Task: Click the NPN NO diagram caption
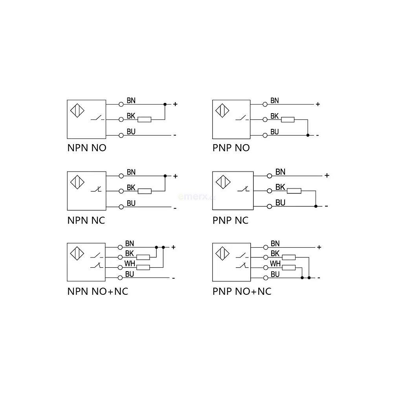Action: (87, 148)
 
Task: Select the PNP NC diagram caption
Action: (230, 220)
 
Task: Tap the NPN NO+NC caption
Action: (98, 292)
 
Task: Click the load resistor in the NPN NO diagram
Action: (144, 119)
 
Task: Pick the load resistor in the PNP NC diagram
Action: (294, 191)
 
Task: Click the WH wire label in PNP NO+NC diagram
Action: (275, 264)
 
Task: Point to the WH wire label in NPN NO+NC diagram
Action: (130, 264)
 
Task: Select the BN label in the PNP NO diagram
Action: (275, 101)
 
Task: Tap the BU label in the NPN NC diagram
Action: (131, 203)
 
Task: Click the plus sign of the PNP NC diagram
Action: (327, 175)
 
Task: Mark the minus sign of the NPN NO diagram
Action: (175, 135)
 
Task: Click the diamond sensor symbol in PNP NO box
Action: (222, 110)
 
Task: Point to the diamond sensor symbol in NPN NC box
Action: (77, 182)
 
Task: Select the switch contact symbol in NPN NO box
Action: (97, 118)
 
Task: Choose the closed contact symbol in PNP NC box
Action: (243, 189)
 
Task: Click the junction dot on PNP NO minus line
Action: (308, 135)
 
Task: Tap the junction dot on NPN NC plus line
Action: (165, 176)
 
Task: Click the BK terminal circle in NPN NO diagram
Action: (121, 120)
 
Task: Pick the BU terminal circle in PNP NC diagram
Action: (270, 207)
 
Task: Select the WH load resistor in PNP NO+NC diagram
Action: (289, 268)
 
